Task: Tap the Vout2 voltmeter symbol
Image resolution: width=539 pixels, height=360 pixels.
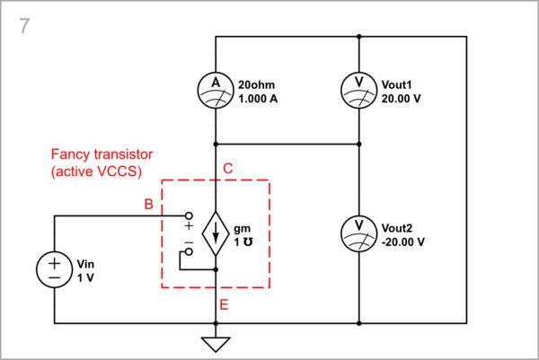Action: [x=358, y=233]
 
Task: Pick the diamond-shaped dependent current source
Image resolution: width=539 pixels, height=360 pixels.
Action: [x=216, y=233]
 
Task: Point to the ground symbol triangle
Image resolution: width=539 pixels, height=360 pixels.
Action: [x=216, y=344]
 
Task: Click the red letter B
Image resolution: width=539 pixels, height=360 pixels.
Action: [x=148, y=204]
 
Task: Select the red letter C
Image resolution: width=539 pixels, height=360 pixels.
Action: [x=228, y=168]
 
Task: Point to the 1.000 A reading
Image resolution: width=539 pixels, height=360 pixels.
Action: [x=258, y=100]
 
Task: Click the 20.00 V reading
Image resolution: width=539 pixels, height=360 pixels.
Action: [x=402, y=100]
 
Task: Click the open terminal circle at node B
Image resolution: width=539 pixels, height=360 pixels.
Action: [x=189, y=215]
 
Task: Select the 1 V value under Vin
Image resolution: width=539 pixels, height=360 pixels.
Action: [x=85, y=278]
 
